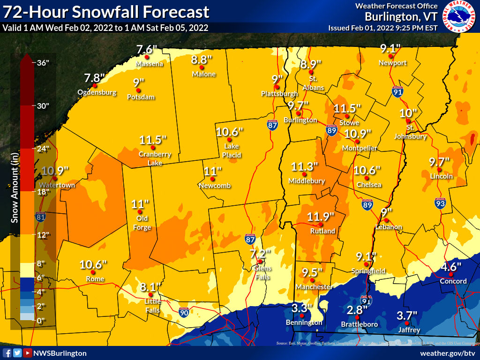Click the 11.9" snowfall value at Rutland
tap(321, 217)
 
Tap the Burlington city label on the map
tap(300, 120)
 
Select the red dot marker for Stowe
tap(347, 116)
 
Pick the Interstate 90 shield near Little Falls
tap(184, 312)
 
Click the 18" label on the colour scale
tap(43, 192)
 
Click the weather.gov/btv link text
tap(449, 353)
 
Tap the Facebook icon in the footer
tap(7, 353)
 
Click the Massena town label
tap(149, 64)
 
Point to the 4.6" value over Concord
tap(452, 267)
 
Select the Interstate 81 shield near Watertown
tap(41, 217)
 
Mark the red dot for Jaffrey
tap(407, 323)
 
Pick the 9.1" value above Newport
tap(390, 48)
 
